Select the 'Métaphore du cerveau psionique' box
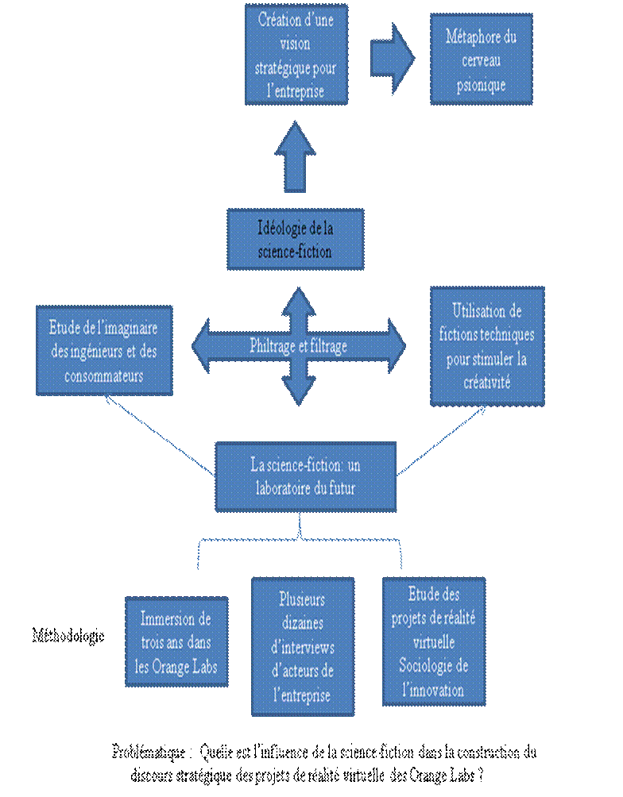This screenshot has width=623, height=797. (x=481, y=59)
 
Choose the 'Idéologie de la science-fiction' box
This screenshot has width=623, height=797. (x=295, y=239)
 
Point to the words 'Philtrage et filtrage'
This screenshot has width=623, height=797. (x=298, y=346)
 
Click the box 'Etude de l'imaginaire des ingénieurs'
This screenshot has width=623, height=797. (x=104, y=350)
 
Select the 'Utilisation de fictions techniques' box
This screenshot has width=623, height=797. (x=487, y=346)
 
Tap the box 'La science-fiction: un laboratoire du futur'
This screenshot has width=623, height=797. (x=305, y=476)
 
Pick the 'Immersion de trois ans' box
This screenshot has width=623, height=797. (x=176, y=641)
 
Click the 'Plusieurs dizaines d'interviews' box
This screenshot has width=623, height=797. (x=302, y=646)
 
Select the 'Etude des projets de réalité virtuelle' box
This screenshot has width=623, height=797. (x=433, y=641)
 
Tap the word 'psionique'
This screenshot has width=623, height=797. (x=481, y=85)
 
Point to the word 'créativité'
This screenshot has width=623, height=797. (x=487, y=382)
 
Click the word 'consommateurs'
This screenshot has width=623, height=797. (x=104, y=375)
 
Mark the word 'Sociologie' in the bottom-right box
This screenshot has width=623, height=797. (x=433, y=665)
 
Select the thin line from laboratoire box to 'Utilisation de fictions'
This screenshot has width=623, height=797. (x=441, y=442)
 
